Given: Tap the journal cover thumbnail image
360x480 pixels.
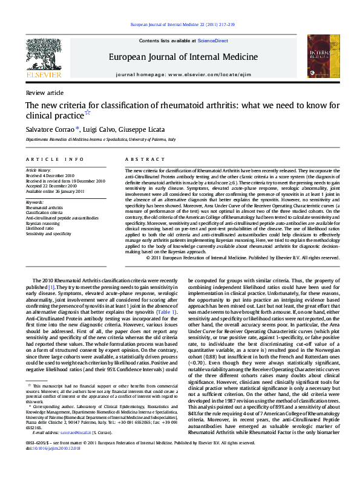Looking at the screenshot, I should [x=319, y=56].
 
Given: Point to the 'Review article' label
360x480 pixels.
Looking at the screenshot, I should [x=44, y=92].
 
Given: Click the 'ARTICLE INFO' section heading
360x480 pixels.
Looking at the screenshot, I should [x=54, y=159].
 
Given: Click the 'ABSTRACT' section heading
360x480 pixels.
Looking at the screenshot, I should [x=140, y=159].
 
